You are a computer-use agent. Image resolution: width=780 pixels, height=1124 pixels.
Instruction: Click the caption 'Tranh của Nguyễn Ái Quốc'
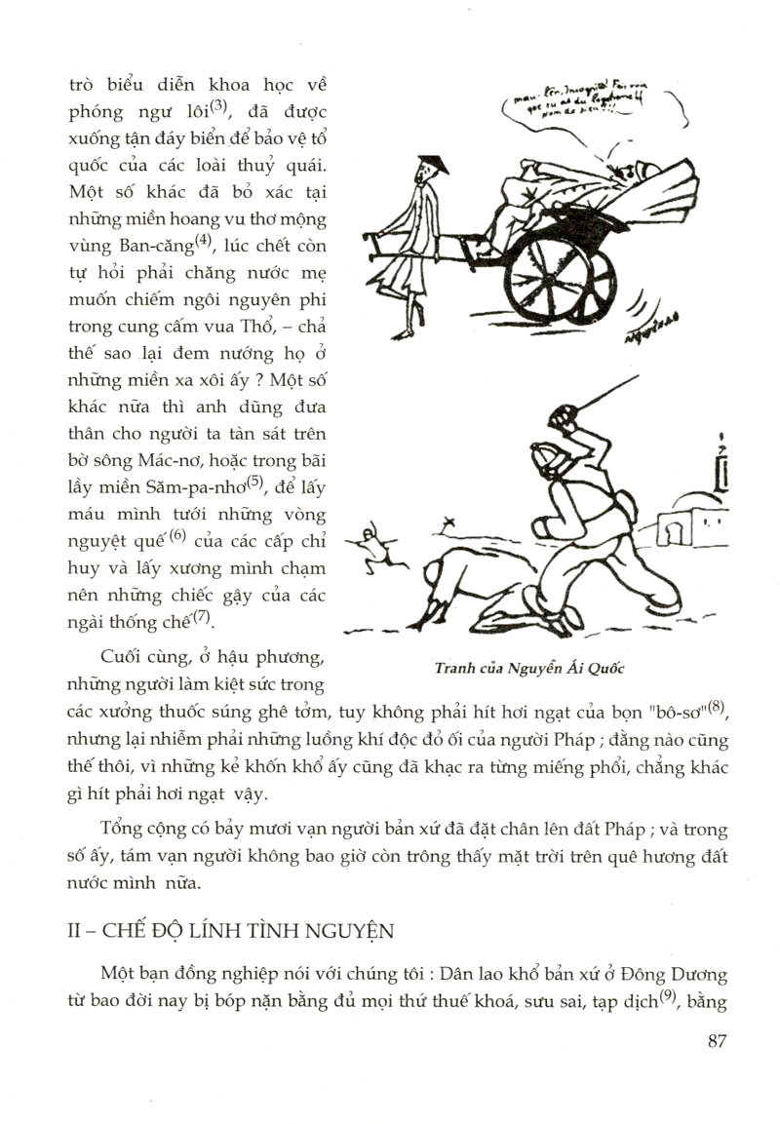(530, 668)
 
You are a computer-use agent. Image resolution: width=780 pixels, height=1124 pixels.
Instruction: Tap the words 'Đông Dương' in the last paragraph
(683, 974)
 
